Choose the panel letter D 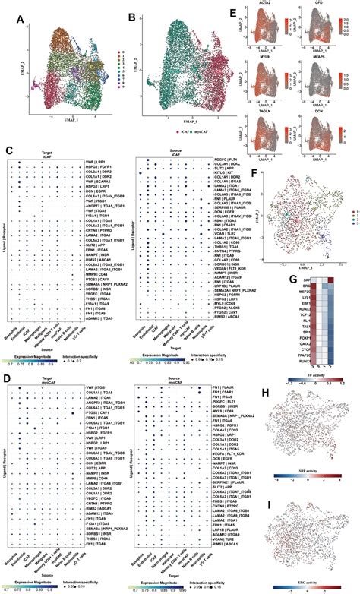(7, 379)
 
